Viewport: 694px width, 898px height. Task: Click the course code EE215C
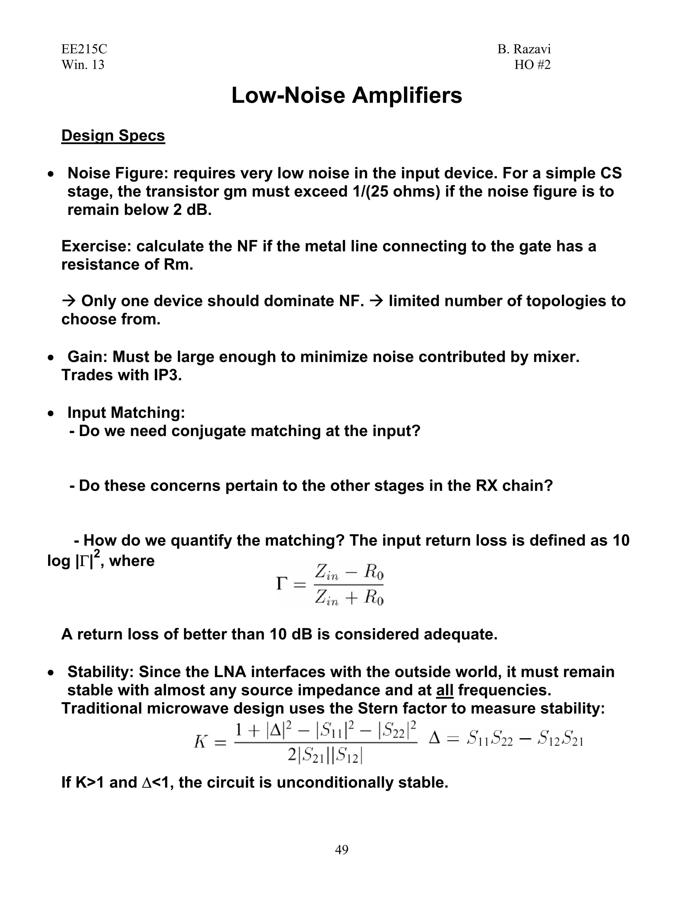point(84,49)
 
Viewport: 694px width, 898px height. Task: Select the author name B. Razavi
point(524,49)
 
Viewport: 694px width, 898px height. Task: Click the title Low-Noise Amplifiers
point(347,96)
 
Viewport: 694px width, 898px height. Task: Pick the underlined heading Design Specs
point(113,136)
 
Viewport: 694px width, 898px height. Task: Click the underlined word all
point(445,690)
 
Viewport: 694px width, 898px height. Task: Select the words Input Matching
point(126,412)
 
